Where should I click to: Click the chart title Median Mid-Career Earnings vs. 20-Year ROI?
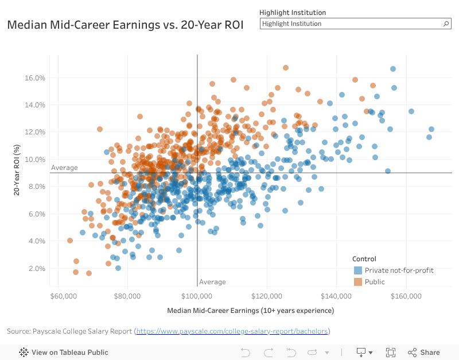(125, 25)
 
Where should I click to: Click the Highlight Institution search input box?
(350, 24)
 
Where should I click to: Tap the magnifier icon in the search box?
(446, 24)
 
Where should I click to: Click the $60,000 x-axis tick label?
(64, 296)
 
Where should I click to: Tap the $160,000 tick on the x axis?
(406, 296)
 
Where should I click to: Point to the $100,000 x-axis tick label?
(197, 296)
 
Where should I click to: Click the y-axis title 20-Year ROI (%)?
(17, 169)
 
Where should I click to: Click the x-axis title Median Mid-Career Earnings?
(250, 311)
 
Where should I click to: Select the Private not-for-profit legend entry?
(394, 270)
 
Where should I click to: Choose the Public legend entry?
(374, 282)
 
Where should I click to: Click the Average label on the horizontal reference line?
(64, 168)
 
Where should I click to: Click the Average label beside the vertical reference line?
(212, 282)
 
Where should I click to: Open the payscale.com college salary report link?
(232, 331)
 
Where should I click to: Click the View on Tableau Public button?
(64, 353)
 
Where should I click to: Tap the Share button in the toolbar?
(424, 353)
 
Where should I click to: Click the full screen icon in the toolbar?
(391, 353)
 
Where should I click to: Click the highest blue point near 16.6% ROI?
(393, 69)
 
